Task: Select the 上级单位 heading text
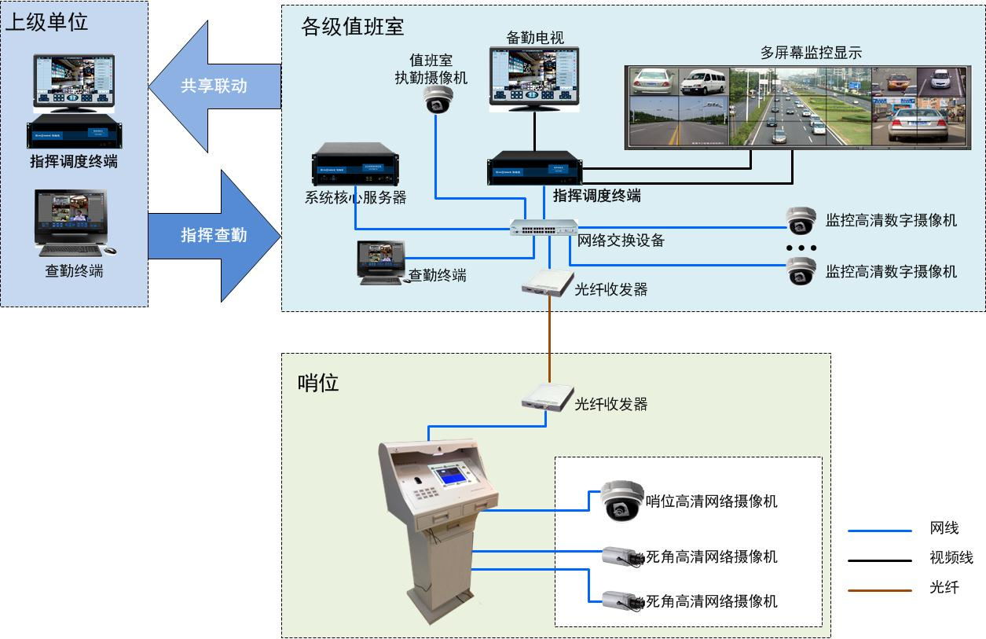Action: coord(46,21)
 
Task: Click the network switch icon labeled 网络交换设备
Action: coord(544,227)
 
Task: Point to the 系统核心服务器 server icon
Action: coord(354,164)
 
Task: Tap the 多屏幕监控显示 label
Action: coord(811,53)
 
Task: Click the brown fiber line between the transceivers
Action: coord(549,338)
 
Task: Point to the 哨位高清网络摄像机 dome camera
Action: coord(622,501)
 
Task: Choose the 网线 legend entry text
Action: coord(944,529)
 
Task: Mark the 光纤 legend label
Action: coord(944,587)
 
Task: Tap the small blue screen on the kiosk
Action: coord(452,475)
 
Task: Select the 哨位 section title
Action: coord(318,383)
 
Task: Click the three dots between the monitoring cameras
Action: coord(801,248)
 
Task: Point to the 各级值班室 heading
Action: coord(353,27)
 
